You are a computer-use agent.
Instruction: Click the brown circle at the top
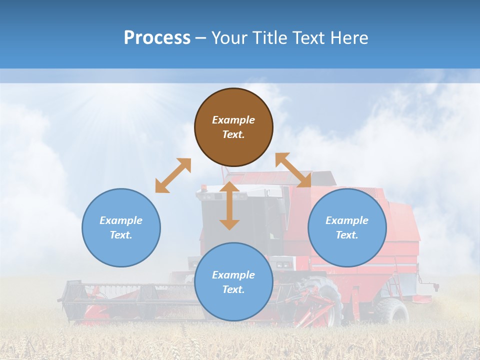pos(233,127)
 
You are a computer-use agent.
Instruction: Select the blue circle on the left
pos(121,227)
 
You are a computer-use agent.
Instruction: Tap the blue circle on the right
pos(347,227)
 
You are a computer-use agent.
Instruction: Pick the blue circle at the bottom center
pos(233,282)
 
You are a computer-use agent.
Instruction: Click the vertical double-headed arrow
pos(229,205)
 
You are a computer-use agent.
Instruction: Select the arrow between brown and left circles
pos(173,175)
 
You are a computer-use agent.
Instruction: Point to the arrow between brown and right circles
pos(293,170)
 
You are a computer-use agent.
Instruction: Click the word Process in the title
pos(157,38)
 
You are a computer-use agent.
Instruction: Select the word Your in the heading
pos(229,38)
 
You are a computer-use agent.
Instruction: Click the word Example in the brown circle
pos(233,120)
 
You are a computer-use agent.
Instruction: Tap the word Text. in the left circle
pos(121,235)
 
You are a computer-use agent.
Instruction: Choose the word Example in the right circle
pos(347,220)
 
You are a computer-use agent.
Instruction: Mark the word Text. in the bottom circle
pos(233,289)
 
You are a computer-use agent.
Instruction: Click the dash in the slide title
pos(200,38)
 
